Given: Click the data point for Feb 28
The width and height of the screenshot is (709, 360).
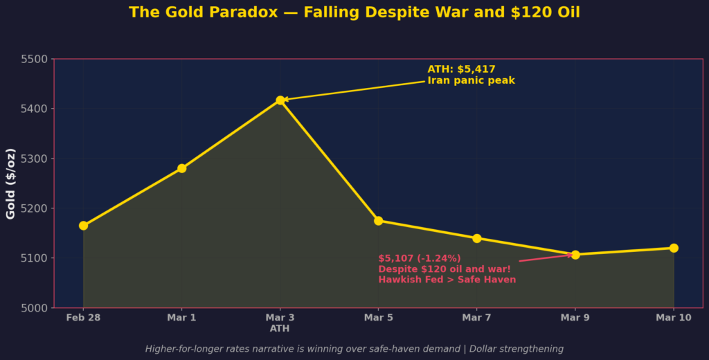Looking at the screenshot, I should tap(83, 226).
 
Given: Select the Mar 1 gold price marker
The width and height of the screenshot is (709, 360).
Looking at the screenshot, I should tap(181, 168).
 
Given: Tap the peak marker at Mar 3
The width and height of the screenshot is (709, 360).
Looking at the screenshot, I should tap(280, 100).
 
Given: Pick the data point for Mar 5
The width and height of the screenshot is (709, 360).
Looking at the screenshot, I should tap(378, 221).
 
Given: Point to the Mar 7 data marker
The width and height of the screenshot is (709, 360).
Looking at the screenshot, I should tap(476, 238).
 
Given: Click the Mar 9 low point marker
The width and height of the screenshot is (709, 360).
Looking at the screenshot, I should tap(575, 255).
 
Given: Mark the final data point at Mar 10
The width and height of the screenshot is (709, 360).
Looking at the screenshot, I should tap(674, 248).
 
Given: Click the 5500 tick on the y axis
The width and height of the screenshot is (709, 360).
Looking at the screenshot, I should tap(34, 60).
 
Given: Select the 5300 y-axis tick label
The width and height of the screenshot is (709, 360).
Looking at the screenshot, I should tap(34, 159).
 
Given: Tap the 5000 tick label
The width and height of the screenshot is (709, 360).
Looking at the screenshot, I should tap(34, 308).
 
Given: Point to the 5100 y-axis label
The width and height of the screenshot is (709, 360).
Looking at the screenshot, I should tap(34, 258).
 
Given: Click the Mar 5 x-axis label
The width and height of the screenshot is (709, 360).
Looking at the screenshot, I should tap(378, 318).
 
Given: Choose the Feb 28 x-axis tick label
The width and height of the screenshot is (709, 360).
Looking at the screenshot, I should tap(83, 318).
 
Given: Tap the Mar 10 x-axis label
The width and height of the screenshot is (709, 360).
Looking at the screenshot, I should tap(674, 318).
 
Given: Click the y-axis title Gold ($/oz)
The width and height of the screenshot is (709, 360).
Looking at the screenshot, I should tap(11, 183).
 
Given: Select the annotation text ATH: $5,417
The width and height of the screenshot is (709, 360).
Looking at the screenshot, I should tap(461, 69).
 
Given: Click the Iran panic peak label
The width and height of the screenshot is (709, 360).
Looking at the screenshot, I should tap(471, 81).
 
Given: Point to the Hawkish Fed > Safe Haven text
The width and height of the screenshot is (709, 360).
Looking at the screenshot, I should tap(447, 280).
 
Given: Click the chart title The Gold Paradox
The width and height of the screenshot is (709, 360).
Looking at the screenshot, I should tap(354, 12).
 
